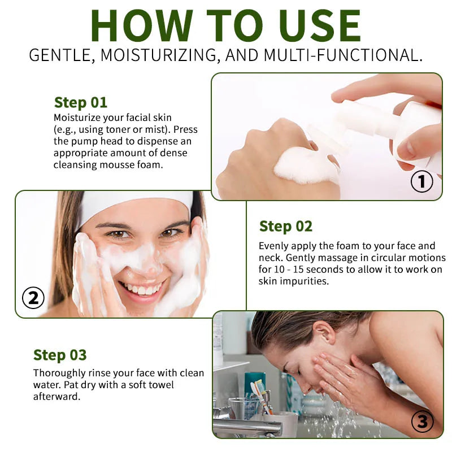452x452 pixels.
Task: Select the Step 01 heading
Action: click(x=80, y=102)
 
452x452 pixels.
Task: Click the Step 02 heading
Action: click(x=285, y=227)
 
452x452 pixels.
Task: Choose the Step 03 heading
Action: click(x=60, y=355)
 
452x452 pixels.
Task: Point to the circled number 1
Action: click(x=421, y=181)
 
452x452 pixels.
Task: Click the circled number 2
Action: click(x=33, y=298)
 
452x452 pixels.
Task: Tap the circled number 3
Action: click(x=422, y=421)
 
